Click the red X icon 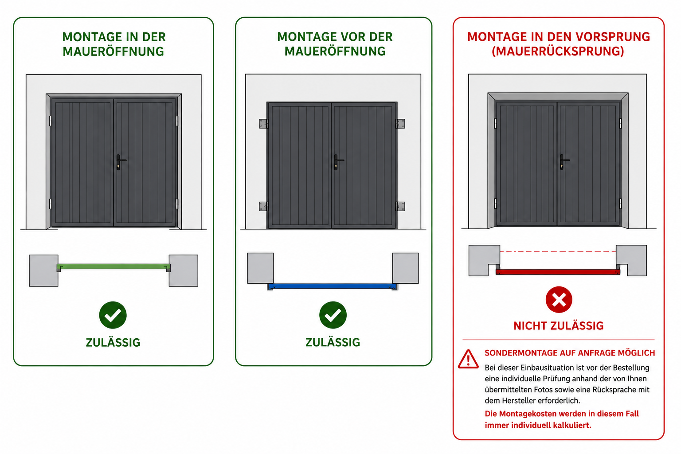tap(559, 300)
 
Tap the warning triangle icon tap(468, 359)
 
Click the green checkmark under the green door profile tap(113, 315)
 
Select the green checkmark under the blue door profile tap(333, 315)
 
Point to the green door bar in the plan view tap(113, 267)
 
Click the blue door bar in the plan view tap(333, 286)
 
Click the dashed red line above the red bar tap(558, 252)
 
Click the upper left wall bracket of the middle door tap(263, 124)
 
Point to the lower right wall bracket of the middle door tap(400, 206)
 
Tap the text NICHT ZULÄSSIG tap(559, 326)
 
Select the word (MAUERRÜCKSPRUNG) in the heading tap(558, 51)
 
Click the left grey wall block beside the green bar tap(43, 270)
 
